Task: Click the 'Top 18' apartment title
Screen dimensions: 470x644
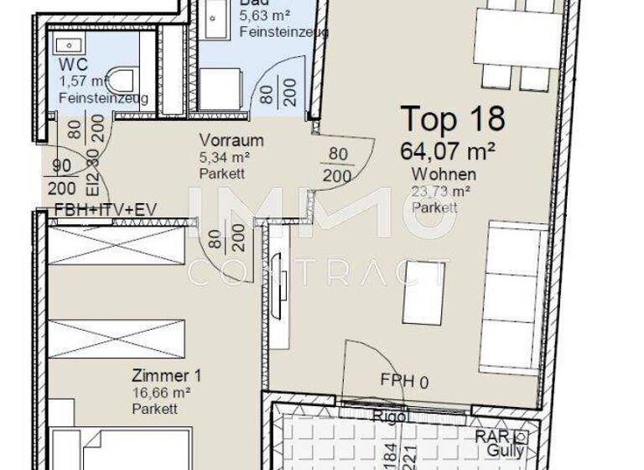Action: pos(453,119)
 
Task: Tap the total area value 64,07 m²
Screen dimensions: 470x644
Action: pos(448,151)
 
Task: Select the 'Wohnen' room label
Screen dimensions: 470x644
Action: pos(444,175)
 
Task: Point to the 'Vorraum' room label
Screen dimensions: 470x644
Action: pos(231,140)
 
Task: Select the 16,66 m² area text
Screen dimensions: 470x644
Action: pos(161,392)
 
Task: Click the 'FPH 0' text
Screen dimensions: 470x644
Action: pos(404,383)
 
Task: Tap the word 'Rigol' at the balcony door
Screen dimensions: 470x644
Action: pos(390,416)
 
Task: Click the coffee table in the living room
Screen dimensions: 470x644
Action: pos(423,293)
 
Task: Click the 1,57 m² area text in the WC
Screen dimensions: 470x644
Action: pos(84,81)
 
